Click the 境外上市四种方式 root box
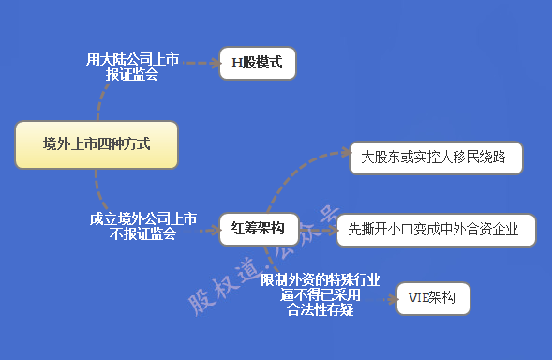97,145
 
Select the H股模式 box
257,64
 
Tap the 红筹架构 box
259,227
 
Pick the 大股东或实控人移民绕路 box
434,158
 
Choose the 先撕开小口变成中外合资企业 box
435,230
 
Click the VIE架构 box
432,299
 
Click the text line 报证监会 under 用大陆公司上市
132,74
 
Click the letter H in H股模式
236,64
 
